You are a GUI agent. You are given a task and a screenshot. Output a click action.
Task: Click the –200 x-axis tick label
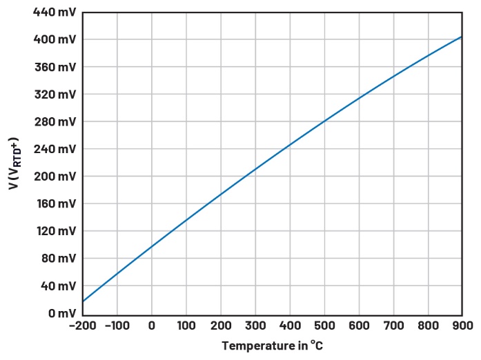coord(82,326)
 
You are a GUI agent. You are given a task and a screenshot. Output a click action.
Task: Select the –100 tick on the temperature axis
coord(117,326)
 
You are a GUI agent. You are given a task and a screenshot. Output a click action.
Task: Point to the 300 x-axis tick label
coord(255,326)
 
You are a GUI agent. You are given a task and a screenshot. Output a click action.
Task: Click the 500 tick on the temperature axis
coord(324,326)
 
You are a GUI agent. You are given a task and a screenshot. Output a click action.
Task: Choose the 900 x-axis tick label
coord(462,326)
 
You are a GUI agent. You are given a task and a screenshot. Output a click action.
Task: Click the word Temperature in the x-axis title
coord(253,346)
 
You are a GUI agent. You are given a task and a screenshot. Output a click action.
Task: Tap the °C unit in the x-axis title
coord(316,346)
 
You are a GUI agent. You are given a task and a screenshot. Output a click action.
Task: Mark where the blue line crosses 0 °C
coord(152,246)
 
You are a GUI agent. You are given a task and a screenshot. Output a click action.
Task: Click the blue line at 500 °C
coord(324,121)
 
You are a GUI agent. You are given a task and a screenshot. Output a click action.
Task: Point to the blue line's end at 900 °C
coord(462,37)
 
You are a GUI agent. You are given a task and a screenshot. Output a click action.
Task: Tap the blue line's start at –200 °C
coord(83,301)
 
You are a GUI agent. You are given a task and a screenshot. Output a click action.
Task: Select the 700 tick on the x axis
coord(393,326)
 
